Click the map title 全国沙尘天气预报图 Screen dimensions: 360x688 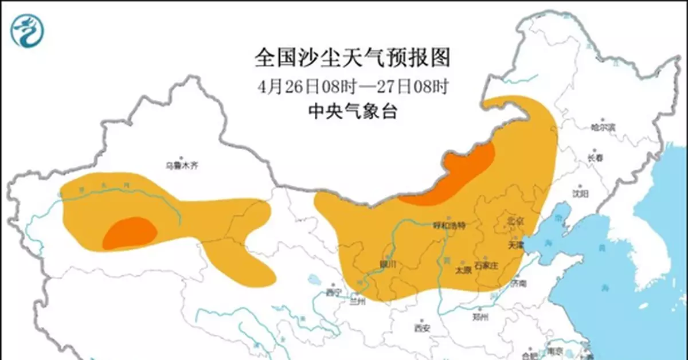coord(351,58)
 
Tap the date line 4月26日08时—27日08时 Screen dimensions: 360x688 coord(351,87)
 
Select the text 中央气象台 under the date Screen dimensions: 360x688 coord(352,111)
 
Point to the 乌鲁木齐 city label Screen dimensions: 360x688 coord(181,166)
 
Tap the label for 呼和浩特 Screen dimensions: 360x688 coord(449,225)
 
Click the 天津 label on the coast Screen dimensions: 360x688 coord(516,245)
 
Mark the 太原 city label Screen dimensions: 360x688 coord(462,271)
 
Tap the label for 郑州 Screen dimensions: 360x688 coord(480,318)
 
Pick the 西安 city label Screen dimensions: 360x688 coord(422,328)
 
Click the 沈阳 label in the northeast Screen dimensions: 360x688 coord(580,194)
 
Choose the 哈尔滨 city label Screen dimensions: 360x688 coord(603,127)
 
